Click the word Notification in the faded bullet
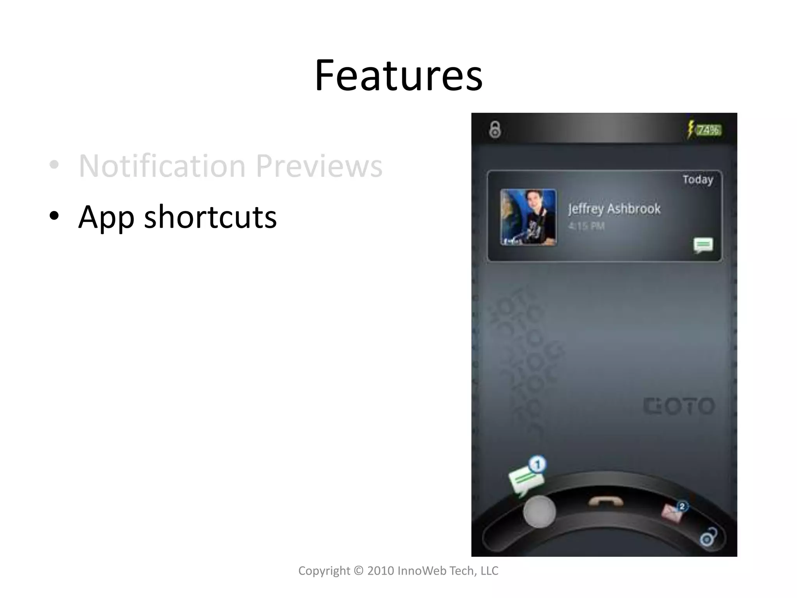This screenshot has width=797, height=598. [162, 166]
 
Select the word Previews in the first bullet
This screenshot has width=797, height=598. [319, 166]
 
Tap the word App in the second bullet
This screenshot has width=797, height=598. [106, 217]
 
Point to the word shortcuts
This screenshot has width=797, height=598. [210, 217]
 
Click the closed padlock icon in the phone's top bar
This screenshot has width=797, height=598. [495, 130]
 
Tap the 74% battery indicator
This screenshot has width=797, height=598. [709, 130]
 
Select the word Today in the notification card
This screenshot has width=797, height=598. [698, 180]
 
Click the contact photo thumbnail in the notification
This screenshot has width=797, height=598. [528, 217]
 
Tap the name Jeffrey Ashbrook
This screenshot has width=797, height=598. [614, 209]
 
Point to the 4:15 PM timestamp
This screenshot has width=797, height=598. [586, 226]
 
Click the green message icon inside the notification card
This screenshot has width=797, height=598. [703, 245]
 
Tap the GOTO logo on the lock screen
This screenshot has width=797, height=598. [679, 406]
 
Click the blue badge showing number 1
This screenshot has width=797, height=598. [538, 464]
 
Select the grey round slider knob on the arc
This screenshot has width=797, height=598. [539, 512]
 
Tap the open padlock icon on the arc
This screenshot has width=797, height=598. [708, 538]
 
